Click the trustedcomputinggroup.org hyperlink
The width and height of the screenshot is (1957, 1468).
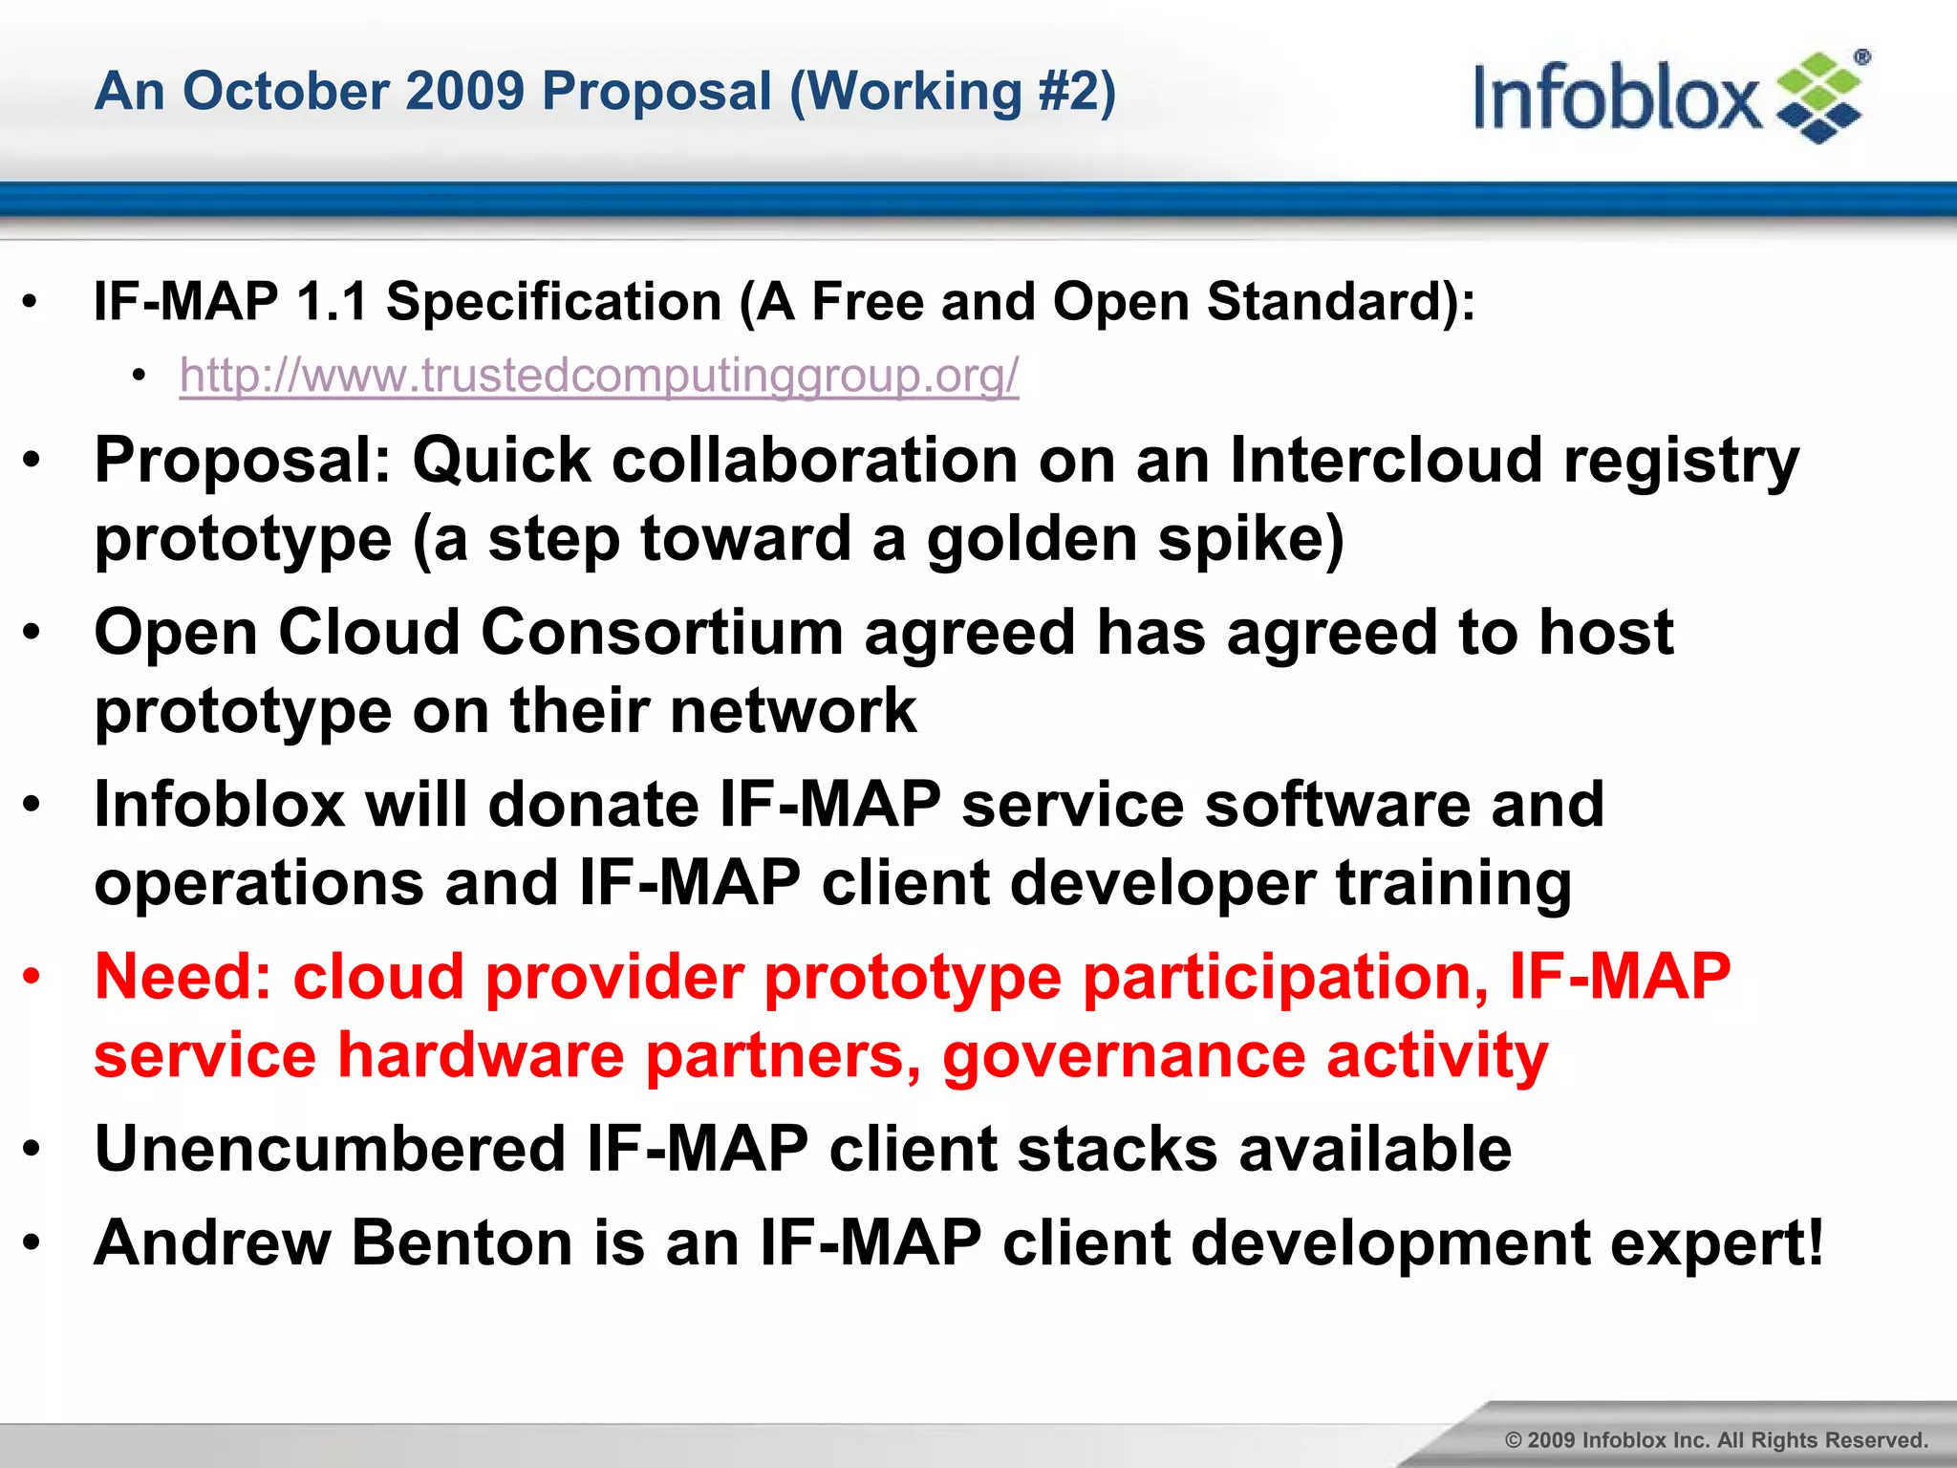[599, 376]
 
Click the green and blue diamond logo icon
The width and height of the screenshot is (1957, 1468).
[1819, 98]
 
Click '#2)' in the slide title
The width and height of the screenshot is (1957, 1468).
[1077, 92]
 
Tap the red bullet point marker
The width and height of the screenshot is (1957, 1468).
[32, 977]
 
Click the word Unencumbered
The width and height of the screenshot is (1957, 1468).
[331, 1149]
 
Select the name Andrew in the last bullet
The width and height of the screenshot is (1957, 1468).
[212, 1242]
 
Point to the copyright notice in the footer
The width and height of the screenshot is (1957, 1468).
[1716, 1439]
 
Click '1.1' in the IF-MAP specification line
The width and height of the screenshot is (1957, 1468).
[332, 302]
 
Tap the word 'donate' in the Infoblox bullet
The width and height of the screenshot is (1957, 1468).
[593, 805]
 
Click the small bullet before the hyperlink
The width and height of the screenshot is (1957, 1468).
[140, 377]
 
